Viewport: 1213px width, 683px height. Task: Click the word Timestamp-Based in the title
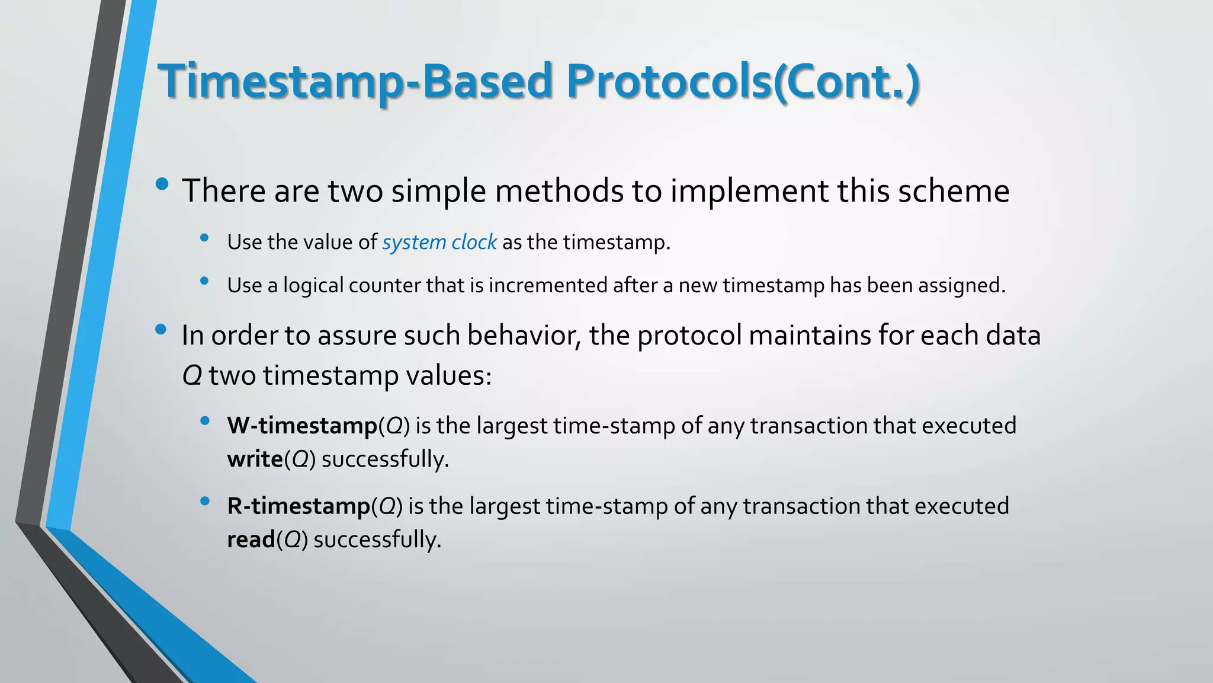click(x=355, y=81)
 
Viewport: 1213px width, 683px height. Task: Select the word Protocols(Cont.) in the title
click(x=743, y=81)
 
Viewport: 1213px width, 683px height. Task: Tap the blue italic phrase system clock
click(x=439, y=242)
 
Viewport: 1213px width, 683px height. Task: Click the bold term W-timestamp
click(x=302, y=426)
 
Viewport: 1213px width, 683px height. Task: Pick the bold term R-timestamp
click(x=299, y=506)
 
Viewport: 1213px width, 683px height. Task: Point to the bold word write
click(x=255, y=459)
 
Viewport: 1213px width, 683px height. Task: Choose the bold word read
click(x=251, y=540)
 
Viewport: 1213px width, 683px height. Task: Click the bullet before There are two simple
click(x=162, y=184)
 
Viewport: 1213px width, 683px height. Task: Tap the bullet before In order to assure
click(x=161, y=329)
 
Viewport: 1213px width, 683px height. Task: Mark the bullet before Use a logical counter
click(x=205, y=281)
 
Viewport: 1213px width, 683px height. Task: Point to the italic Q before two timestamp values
click(x=192, y=376)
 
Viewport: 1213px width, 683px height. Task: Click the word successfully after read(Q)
click(x=377, y=540)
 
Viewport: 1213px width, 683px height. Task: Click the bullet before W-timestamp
click(x=205, y=421)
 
